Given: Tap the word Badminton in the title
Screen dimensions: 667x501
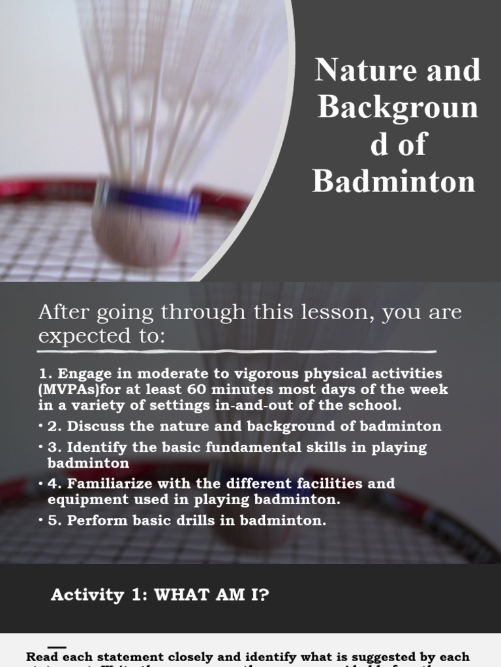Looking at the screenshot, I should pos(394,180).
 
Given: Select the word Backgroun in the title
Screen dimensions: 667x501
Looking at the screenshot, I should pos(398,107).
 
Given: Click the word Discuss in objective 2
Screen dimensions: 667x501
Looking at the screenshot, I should pos(92,427).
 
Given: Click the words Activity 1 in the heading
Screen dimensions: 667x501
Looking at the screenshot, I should pos(97,595).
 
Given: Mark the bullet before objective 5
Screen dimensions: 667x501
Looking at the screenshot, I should pos(40,520).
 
